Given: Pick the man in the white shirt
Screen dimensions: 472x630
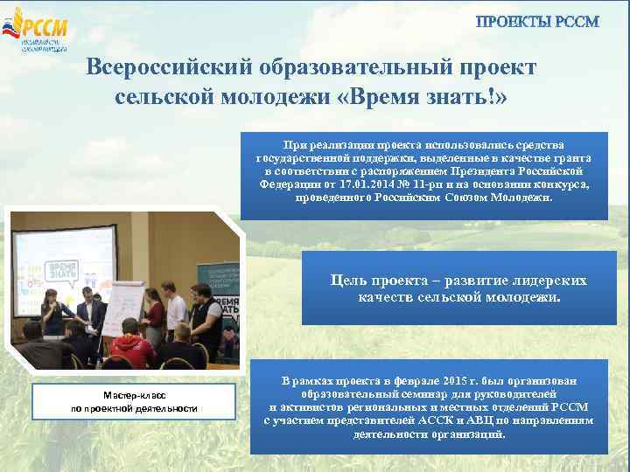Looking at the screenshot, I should click(175, 315).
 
